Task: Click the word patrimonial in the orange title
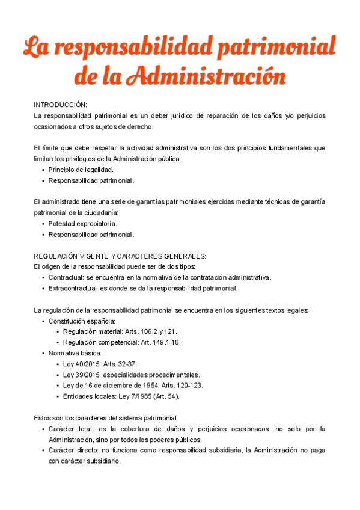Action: click(x=273, y=46)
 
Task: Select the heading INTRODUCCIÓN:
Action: click(x=61, y=105)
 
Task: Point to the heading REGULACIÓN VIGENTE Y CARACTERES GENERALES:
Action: click(x=120, y=256)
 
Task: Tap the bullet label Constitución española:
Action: click(x=82, y=321)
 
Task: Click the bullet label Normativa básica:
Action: click(x=75, y=353)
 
